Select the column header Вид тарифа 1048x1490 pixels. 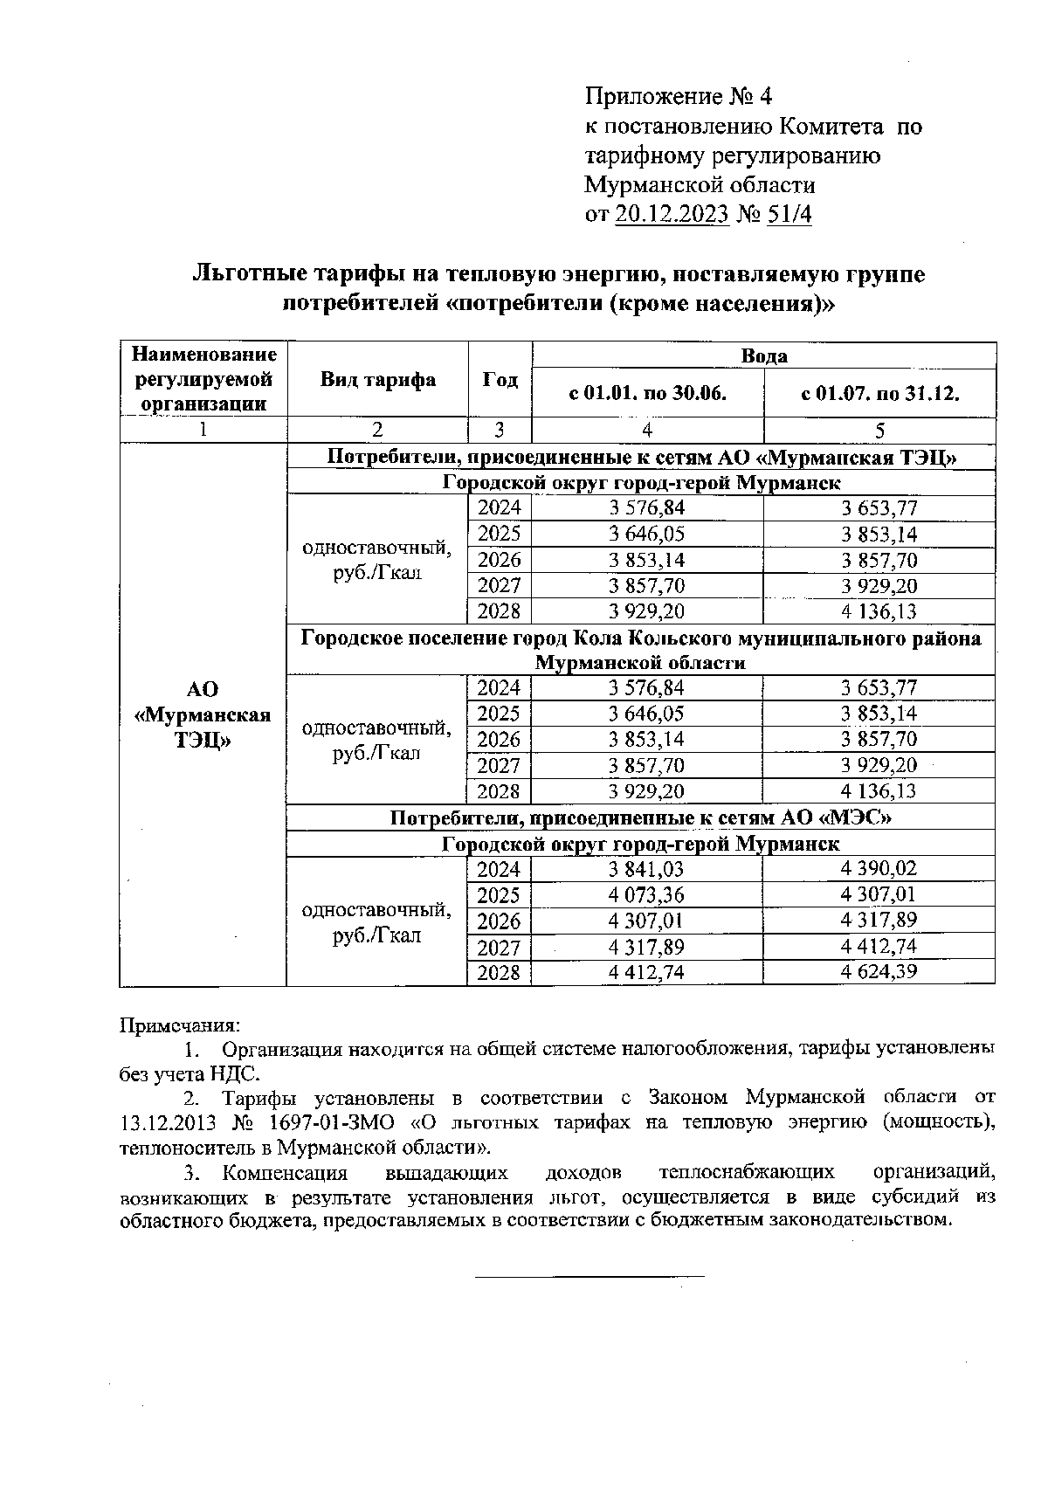tap(377, 380)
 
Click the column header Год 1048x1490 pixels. tap(500, 380)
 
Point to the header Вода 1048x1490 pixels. tap(763, 355)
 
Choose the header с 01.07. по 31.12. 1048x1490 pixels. tap(879, 394)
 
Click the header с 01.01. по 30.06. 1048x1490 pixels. tap(647, 394)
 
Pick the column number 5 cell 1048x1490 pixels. tap(879, 430)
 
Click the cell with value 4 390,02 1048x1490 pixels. tap(879, 869)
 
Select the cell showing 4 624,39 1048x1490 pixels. tap(879, 972)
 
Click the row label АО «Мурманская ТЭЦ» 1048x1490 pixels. tap(203, 715)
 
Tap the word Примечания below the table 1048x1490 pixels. tap(179, 1024)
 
